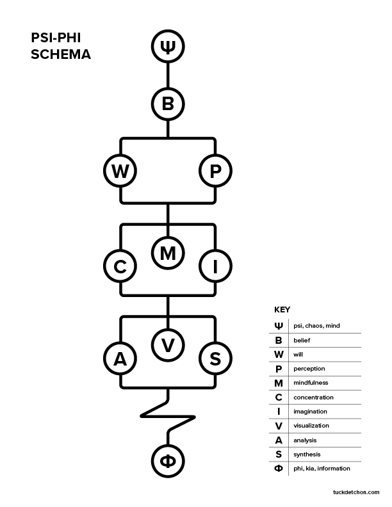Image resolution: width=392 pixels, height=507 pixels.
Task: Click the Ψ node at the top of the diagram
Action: (168, 47)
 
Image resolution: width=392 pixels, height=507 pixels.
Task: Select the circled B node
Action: (168, 104)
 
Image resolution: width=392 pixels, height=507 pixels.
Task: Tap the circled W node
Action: (120, 171)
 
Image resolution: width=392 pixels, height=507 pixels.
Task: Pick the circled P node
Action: (215, 171)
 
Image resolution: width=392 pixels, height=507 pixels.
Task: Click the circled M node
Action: (168, 253)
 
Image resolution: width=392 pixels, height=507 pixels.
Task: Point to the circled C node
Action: (120, 267)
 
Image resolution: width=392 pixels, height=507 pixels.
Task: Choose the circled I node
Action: (215, 267)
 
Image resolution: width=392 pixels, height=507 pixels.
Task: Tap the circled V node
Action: (168, 345)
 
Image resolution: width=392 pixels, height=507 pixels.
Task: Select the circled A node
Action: (120, 359)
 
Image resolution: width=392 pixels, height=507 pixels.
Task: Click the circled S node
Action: (215, 359)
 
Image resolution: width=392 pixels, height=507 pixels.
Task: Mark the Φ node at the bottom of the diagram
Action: (168, 460)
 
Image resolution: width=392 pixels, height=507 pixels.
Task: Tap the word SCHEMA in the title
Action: (61, 55)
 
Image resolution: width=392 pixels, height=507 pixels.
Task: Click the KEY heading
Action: (282, 309)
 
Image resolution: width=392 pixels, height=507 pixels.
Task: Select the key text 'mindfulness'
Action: (311, 383)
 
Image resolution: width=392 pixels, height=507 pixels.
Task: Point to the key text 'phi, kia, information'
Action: (322, 469)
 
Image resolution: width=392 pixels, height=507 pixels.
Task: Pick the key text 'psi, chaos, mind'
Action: (316, 326)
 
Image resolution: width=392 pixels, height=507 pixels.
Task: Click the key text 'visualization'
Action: (311, 426)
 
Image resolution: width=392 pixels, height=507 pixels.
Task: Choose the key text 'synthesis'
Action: (307, 455)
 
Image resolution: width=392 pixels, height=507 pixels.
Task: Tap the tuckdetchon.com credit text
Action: (357, 492)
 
